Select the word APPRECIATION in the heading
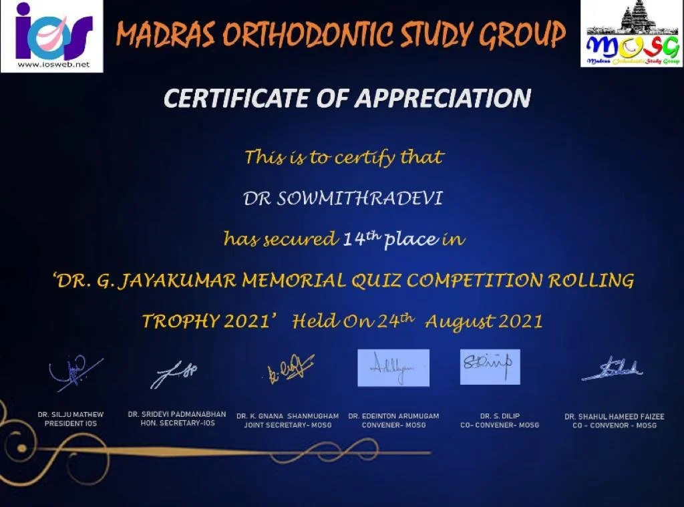443,98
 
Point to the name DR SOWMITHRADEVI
343,198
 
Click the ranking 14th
361,238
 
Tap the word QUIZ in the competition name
375,281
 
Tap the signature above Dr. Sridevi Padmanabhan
174,373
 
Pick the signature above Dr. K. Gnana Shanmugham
291,368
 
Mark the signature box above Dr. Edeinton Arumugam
393,368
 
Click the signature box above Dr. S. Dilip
490,367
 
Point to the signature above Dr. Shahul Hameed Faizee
612,369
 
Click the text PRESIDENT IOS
71,424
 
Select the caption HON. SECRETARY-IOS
177,423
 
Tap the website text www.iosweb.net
53,65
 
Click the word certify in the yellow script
365,158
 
